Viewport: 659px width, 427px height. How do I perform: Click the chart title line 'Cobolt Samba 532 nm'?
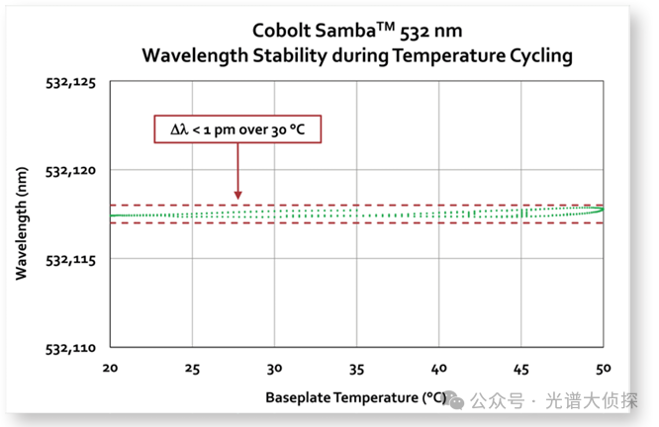[x=356, y=31]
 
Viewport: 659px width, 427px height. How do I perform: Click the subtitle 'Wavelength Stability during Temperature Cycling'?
[x=356, y=55]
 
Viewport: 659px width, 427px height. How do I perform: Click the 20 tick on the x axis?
[x=111, y=368]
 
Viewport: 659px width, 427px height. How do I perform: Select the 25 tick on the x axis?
[x=193, y=368]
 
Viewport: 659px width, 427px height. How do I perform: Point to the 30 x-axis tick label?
[x=275, y=368]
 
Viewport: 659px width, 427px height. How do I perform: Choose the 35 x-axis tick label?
[x=357, y=368]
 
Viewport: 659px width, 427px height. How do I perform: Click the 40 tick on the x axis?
[x=439, y=368]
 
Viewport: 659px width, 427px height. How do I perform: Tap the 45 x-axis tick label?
[x=521, y=368]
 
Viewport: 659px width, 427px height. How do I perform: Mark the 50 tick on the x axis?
[x=603, y=368]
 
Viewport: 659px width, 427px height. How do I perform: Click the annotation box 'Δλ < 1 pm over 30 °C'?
[x=238, y=129]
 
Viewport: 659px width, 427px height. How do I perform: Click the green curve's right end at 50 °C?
[x=602, y=209]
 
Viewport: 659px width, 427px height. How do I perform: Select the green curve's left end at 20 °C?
[x=112, y=215]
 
